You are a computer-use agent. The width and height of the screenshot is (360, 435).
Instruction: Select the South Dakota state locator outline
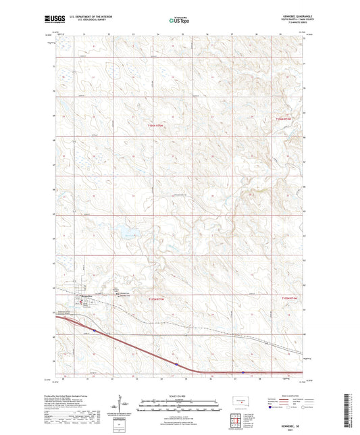(x=238, y=401)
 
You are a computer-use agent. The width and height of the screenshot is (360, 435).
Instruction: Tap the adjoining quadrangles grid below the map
(x=238, y=420)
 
